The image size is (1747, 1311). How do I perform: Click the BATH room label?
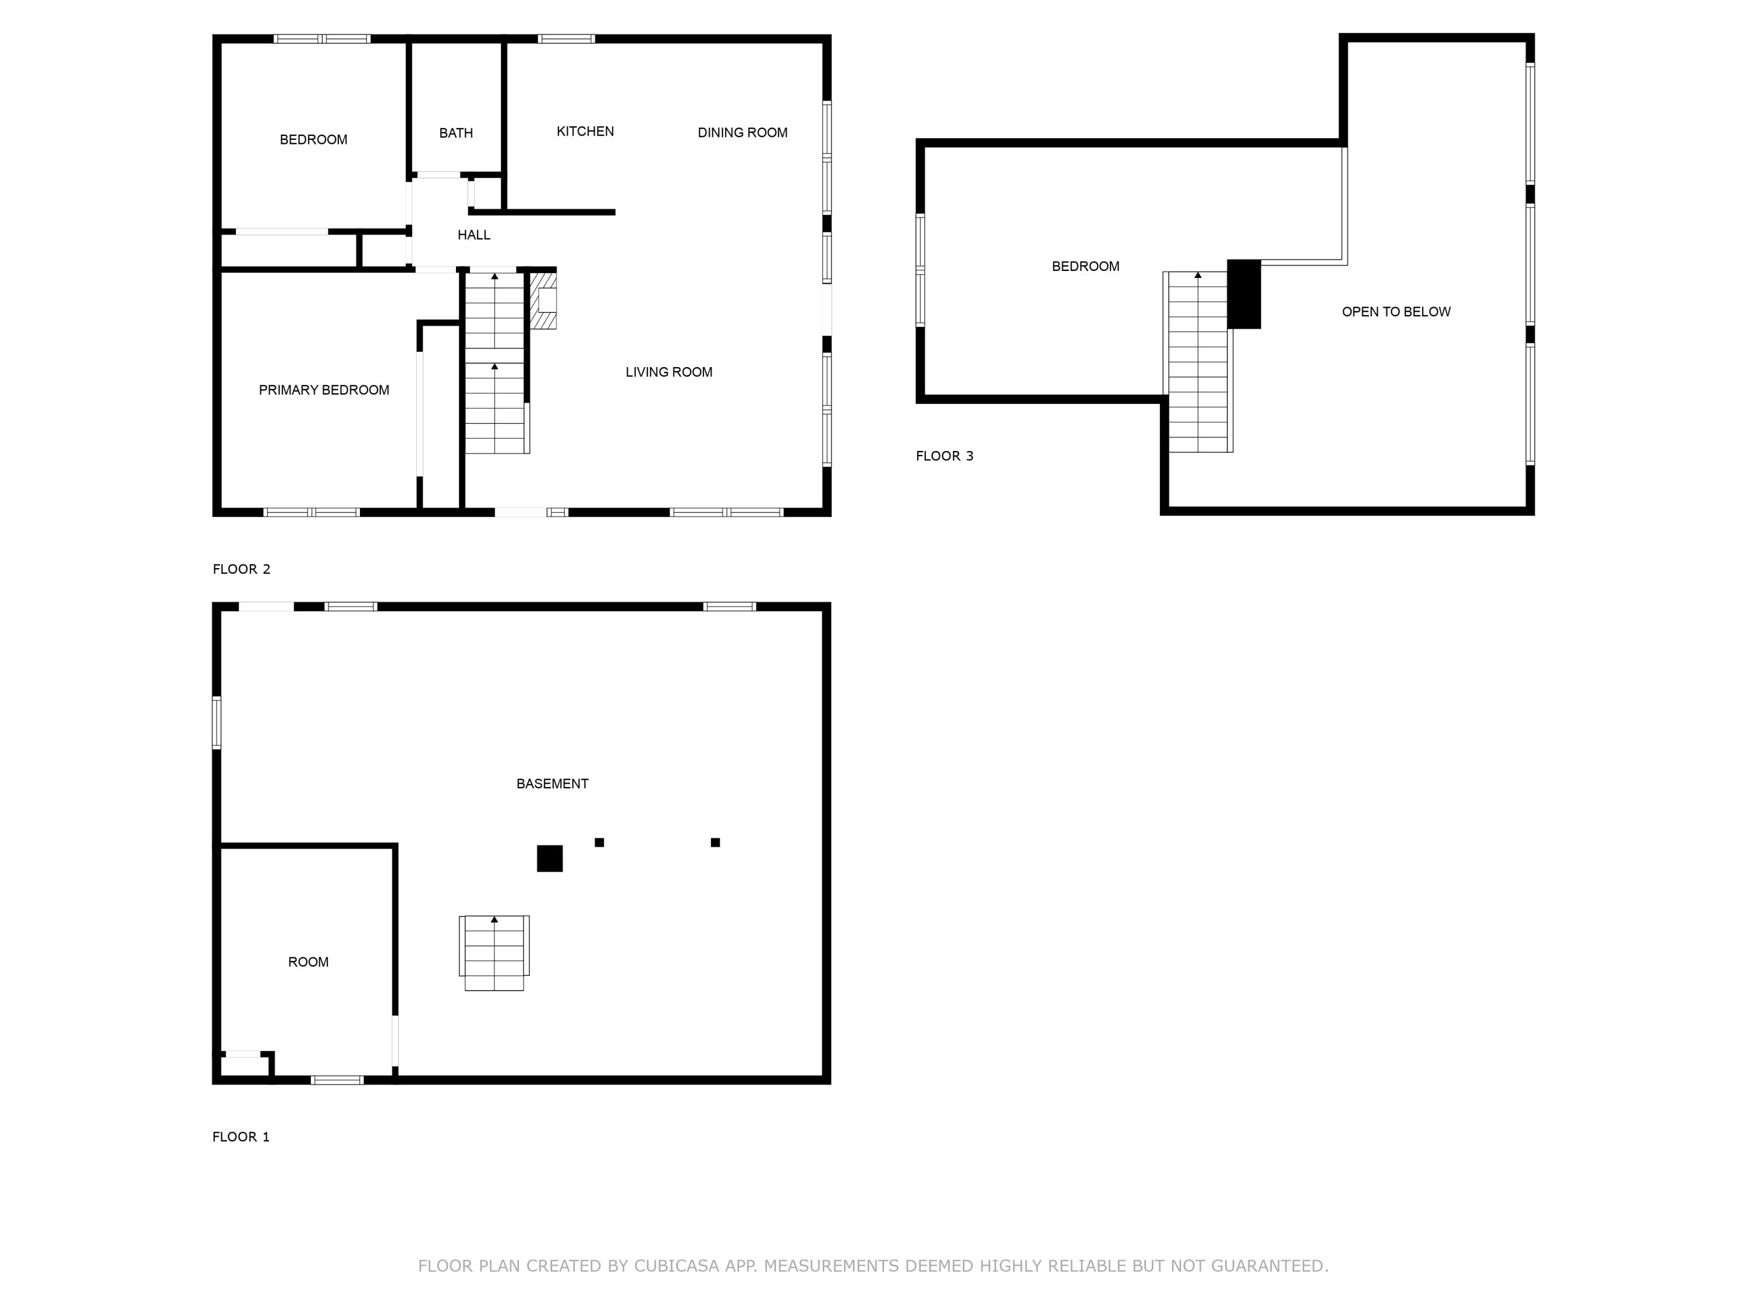pyautogui.click(x=456, y=133)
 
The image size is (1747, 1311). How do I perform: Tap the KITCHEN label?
pyautogui.click(x=585, y=132)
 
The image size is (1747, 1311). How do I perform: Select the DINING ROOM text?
pyautogui.click(x=742, y=133)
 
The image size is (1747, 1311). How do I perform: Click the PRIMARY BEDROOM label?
pyautogui.click(x=324, y=390)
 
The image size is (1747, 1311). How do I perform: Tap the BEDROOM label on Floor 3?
pyautogui.click(x=1085, y=266)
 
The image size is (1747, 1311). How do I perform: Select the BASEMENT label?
pyautogui.click(x=552, y=784)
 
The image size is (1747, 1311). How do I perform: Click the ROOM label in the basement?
pyautogui.click(x=308, y=962)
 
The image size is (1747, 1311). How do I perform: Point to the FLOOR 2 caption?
pyautogui.click(x=241, y=569)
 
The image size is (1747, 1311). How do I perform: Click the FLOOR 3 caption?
pyautogui.click(x=944, y=456)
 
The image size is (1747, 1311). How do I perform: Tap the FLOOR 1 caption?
pyautogui.click(x=241, y=1136)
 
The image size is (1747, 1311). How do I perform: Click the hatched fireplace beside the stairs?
pyautogui.click(x=543, y=300)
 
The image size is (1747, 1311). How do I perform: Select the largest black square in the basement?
pyautogui.click(x=550, y=858)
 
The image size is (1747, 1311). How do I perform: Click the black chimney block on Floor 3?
pyautogui.click(x=1243, y=294)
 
